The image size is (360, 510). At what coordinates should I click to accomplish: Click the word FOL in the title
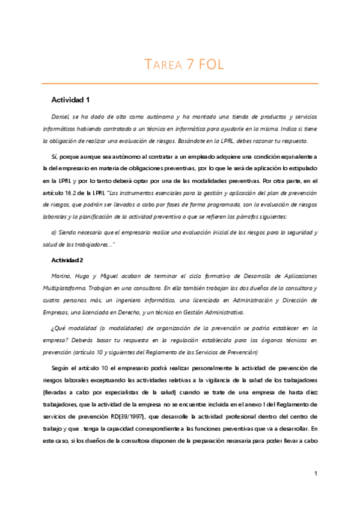(x=208, y=65)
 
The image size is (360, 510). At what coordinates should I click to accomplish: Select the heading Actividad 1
(x=70, y=98)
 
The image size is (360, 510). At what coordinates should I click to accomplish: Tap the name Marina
(x=64, y=275)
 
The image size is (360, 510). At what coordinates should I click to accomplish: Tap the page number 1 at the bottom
(x=316, y=474)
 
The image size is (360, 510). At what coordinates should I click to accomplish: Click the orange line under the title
(x=180, y=83)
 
